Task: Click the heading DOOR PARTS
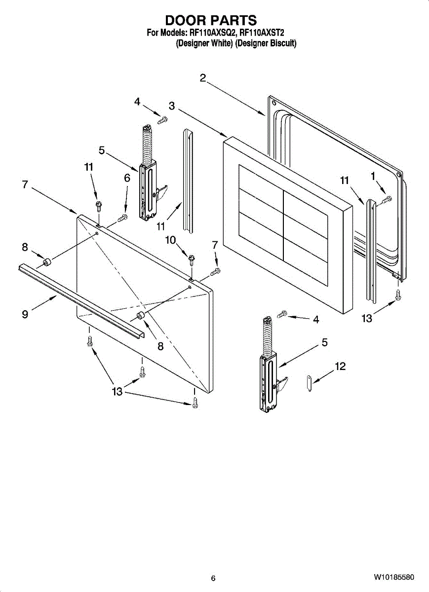(x=211, y=20)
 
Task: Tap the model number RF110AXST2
(x=261, y=33)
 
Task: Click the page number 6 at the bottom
(x=213, y=578)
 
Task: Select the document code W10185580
(x=393, y=577)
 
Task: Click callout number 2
(x=203, y=77)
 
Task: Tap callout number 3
(x=171, y=106)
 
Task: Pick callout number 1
(x=373, y=176)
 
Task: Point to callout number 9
(x=25, y=314)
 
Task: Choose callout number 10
(x=170, y=240)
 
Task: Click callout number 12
(x=340, y=366)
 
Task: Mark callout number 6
(x=127, y=179)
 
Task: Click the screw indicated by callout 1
(x=387, y=199)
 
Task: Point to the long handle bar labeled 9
(x=81, y=299)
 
